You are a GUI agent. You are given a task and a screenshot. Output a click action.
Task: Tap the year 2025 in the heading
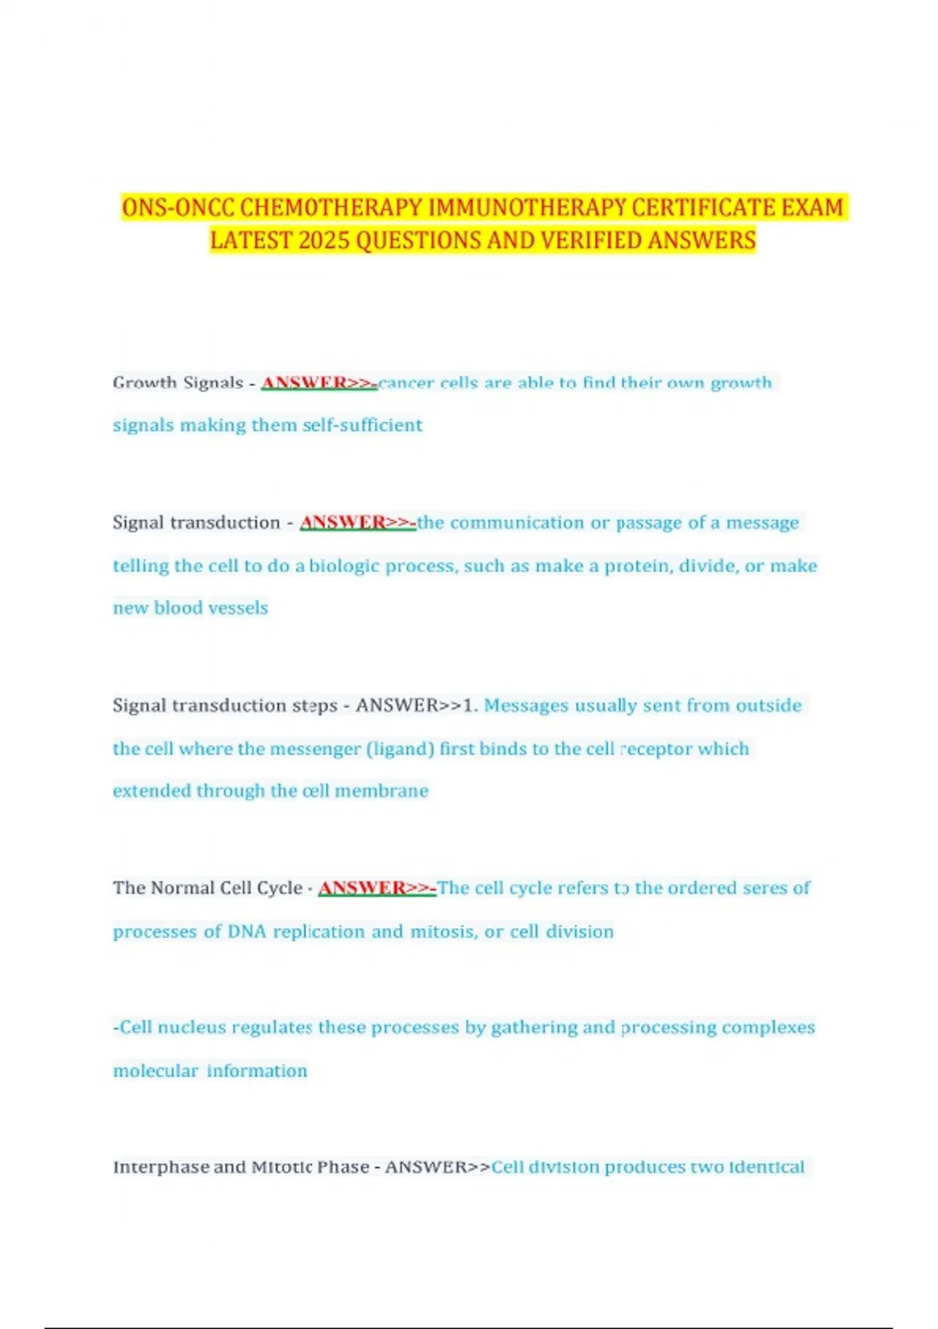point(324,241)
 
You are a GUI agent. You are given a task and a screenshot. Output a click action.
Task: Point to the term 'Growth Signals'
point(178,383)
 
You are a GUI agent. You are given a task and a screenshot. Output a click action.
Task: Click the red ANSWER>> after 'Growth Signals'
point(318,383)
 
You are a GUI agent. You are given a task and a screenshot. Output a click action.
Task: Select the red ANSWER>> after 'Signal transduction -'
point(357,522)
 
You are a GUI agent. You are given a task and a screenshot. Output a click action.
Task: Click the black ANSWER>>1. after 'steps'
point(415,705)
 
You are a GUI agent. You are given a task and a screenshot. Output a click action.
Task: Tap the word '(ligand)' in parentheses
point(400,749)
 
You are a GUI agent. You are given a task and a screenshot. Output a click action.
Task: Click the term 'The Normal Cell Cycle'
point(207,888)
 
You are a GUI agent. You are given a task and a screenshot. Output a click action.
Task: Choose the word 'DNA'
point(246,932)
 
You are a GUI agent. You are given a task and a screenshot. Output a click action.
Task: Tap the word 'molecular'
point(156,1071)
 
